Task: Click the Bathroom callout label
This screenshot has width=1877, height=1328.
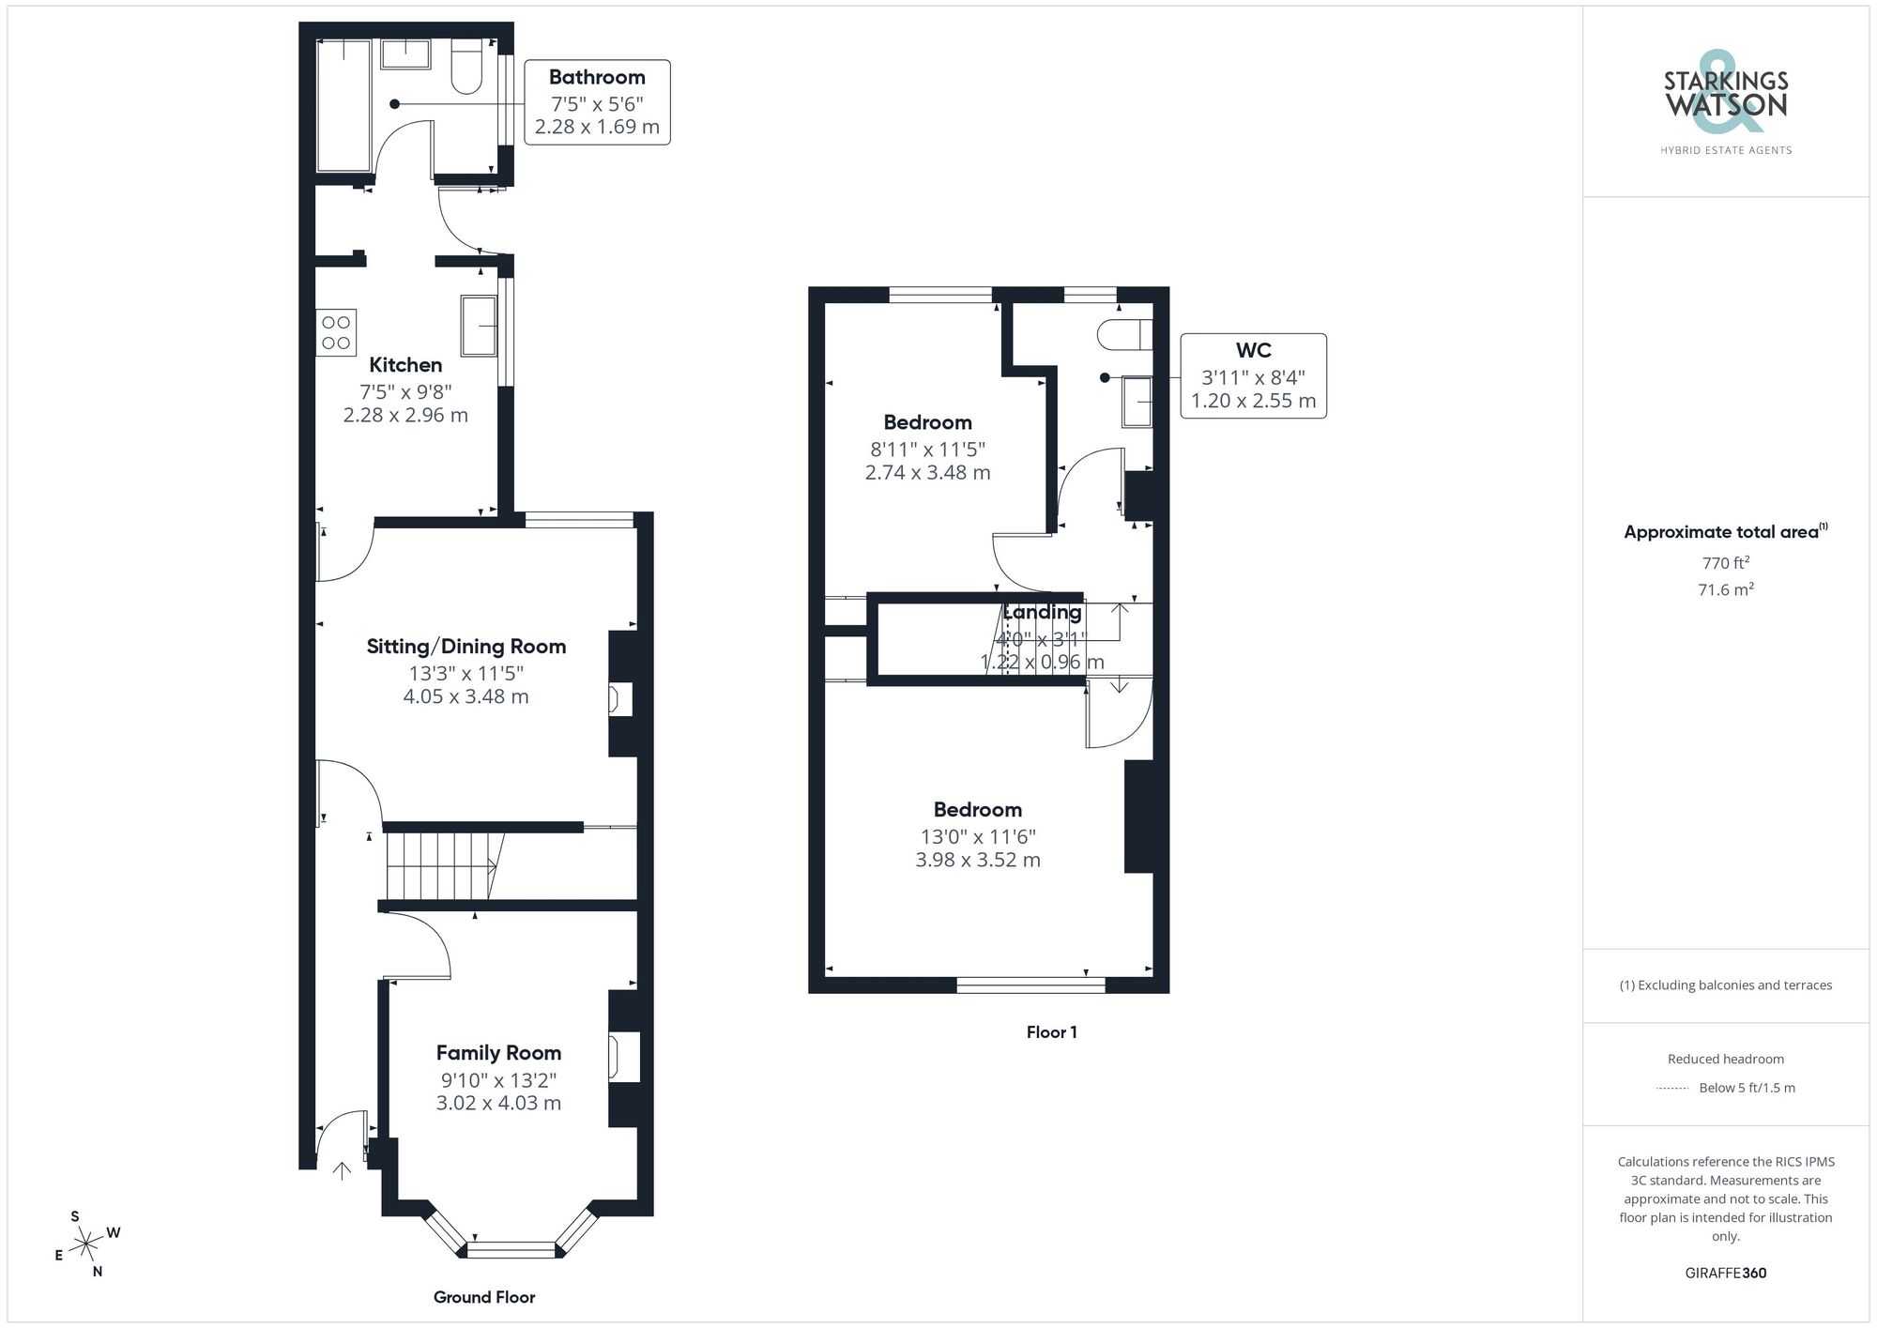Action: (597, 78)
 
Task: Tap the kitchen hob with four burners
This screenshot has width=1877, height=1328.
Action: (336, 332)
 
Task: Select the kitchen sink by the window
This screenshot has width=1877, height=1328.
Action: (479, 326)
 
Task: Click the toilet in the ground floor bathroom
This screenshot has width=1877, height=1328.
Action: (466, 67)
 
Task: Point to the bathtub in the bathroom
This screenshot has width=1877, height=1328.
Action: (343, 105)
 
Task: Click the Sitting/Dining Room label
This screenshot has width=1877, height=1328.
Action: (465, 647)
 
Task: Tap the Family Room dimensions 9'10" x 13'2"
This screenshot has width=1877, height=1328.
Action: (498, 1080)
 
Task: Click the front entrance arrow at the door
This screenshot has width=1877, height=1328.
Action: (342, 1170)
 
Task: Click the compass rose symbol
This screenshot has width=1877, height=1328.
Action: (86, 1244)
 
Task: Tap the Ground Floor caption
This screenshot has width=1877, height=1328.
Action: (484, 1297)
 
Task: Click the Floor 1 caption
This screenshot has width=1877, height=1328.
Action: (1051, 1032)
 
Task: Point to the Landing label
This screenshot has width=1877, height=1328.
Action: (1042, 613)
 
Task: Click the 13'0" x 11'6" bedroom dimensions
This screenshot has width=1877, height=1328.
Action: (978, 836)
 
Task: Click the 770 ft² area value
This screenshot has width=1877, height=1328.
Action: (1725, 563)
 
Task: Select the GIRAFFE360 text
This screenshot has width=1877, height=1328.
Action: (1725, 1274)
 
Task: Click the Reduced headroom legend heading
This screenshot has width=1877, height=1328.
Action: (1725, 1059)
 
